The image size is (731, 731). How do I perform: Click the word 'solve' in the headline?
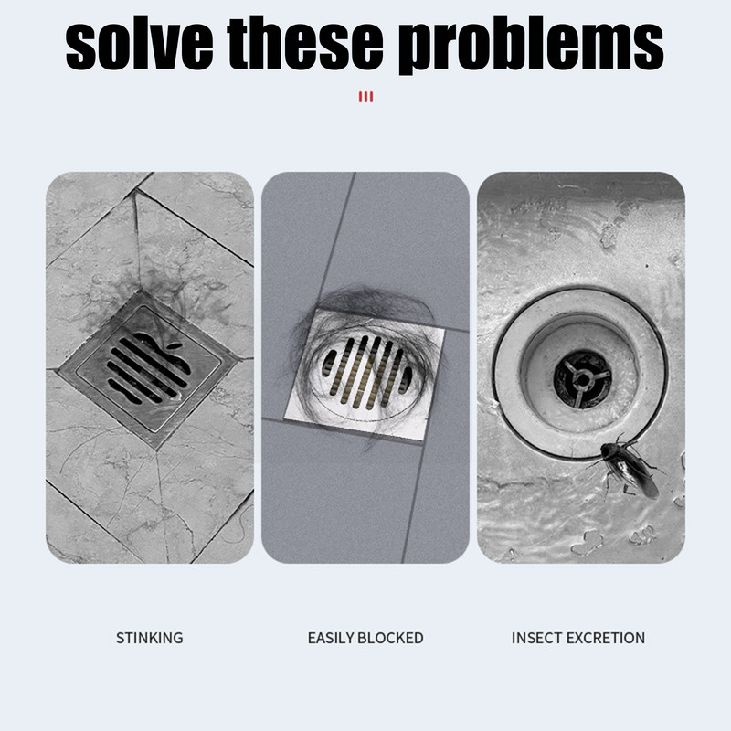[x=139, y=43]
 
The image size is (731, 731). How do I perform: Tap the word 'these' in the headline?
[x=305, y=43]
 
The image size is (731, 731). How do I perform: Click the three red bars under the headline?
[x=366, y=97]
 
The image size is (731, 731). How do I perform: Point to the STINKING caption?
[x=149, y=638]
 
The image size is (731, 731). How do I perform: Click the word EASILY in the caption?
[x=331, y=638]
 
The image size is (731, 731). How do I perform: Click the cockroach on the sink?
[x=627, y=468]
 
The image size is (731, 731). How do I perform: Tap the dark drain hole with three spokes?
[x=583, y=379]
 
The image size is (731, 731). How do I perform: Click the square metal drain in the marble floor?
[x=149, y=368]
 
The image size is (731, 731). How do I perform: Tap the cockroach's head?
[x=605, y=449]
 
